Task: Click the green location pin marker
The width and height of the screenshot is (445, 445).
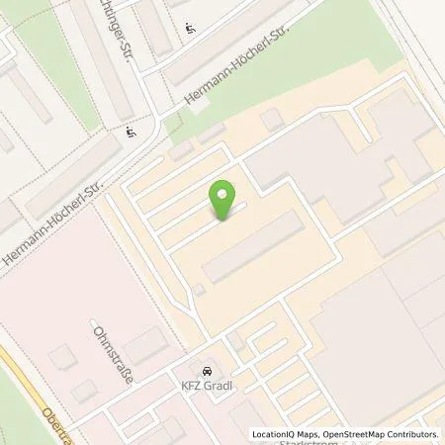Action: pyautogui.click(x=224, y=202)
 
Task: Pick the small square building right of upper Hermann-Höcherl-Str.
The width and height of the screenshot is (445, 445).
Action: pyautogui.click(x=270, y=120)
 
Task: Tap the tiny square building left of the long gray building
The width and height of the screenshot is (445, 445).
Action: pyautogui.click(x=200, y=289)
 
